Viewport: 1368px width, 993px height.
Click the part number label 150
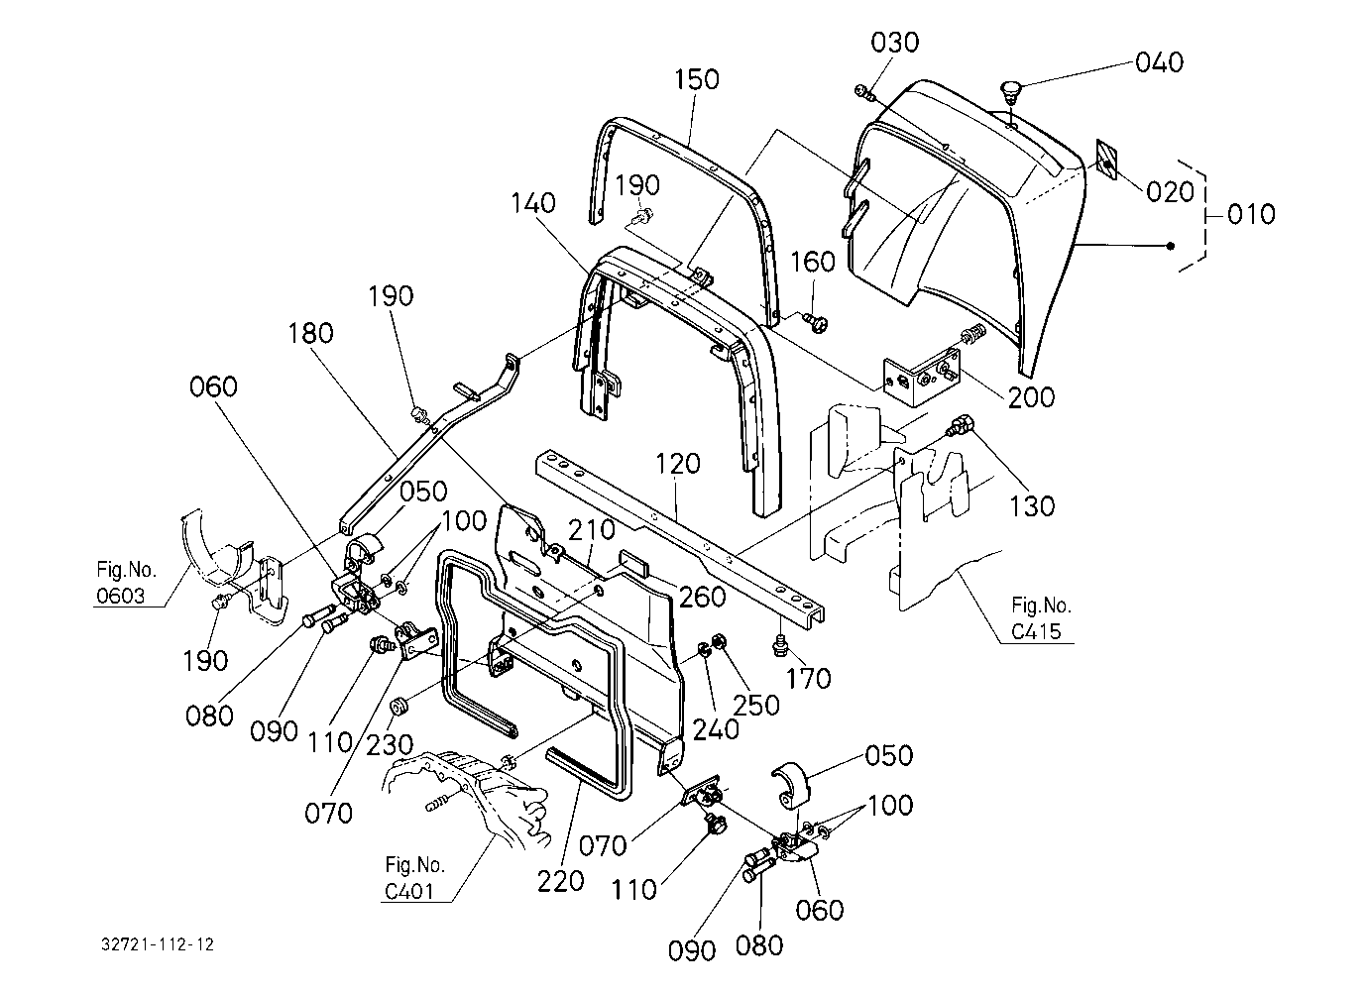(697, 79)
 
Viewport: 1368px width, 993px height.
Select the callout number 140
(533, 203)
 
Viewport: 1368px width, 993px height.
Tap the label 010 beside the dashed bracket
(1251, 215)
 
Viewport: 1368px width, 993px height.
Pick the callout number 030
(895, 43)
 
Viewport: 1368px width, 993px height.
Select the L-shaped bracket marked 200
(922, 377)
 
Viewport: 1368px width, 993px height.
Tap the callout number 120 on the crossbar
(677, 464)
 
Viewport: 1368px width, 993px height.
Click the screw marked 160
(814, 321)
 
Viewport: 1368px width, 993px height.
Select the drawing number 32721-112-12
(158, 944)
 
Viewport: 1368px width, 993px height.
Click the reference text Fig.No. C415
(1041, 618)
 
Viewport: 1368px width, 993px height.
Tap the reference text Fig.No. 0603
(127, 583)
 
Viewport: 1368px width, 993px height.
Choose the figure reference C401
(409, 892)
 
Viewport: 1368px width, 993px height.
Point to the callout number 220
(561, 881)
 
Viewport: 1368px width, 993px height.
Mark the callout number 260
(702, 597)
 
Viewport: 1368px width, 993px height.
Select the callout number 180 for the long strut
(311, 333)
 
